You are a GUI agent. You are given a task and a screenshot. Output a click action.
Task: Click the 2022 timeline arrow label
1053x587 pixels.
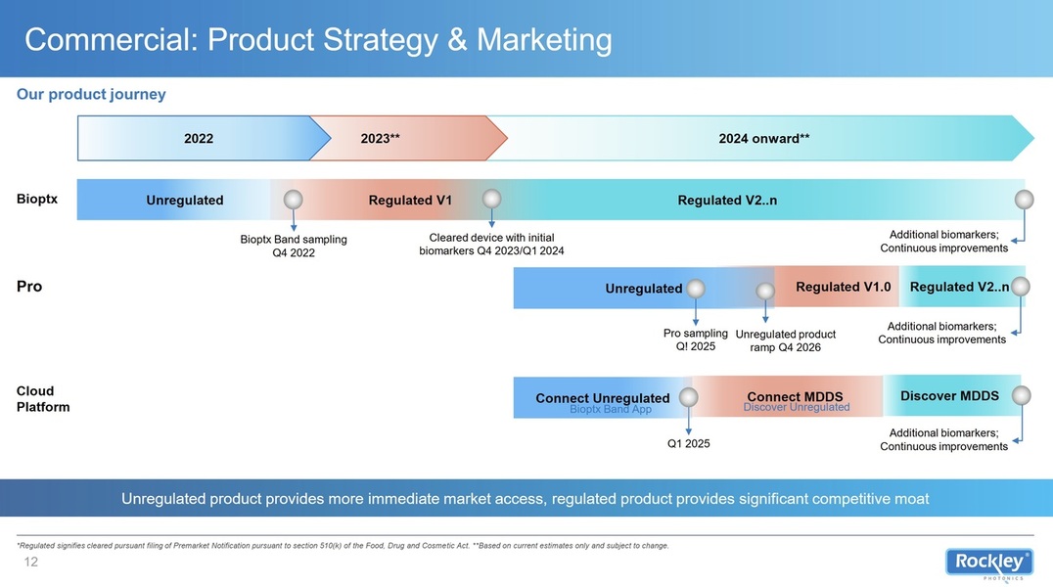(x=198, y=138)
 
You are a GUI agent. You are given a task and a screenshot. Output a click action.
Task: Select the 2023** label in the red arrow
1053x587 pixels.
(x=380, y=138)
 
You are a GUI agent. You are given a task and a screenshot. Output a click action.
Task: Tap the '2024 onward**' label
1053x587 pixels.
(x=764, y=138)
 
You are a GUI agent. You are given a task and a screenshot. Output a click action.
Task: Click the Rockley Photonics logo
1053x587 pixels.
(x=989, y=564)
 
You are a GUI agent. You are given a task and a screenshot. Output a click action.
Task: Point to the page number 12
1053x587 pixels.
(x=31, y=563)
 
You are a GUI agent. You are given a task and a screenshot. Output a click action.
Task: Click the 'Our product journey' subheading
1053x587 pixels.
(x=91, y=94)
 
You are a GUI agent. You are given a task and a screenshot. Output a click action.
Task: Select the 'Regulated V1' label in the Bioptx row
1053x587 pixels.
(x=410, y=201)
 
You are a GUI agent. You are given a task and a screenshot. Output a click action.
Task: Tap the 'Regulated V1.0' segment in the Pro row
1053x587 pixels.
(x=844, y=287)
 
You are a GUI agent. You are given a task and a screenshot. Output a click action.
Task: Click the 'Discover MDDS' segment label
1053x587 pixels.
(x=949, y=395)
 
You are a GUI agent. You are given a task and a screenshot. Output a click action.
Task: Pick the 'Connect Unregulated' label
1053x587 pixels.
(x=603, y=397)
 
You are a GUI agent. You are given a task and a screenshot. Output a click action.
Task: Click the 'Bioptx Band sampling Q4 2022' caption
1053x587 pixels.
(x=294, y=246)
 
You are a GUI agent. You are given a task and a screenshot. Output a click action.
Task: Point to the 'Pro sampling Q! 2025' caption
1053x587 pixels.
(x=695, y=339)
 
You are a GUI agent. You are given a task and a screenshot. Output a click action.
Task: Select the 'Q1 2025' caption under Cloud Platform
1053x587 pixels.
(x=688, y=443)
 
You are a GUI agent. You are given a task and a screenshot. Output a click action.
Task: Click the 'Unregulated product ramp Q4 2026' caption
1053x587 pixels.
(x=785, y=340)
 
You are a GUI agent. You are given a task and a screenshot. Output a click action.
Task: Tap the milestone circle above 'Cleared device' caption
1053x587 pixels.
(x=491, y=199)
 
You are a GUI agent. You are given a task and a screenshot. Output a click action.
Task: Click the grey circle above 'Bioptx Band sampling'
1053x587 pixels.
(x=293, y=200)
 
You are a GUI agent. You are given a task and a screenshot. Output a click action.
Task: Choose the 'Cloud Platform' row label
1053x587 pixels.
(x=43, y=399)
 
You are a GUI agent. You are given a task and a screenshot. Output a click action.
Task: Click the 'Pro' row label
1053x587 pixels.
(x=29, y=287)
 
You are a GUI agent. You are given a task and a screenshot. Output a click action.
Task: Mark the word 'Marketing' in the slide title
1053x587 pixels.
(x=544, y=40)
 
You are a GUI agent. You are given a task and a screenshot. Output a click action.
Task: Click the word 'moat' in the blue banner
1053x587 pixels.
(x=912, y=498)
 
